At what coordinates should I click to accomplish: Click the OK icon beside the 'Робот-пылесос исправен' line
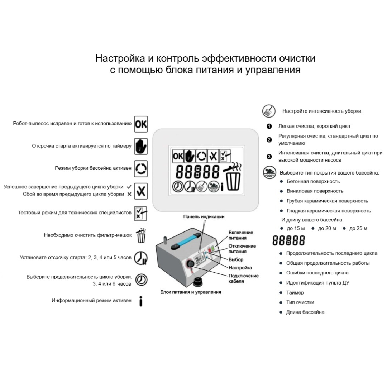tap(141, 124)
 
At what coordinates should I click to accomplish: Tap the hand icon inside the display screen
tap(190, 156)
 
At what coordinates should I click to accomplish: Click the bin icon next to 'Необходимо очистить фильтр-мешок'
tap(141, 236)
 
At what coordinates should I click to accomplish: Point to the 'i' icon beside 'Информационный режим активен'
tap(141, 301)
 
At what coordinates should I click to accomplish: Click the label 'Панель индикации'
tap(204, 217)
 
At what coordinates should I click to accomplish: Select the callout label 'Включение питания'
tap(241, 235)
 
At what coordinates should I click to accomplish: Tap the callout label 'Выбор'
tap(236, 260)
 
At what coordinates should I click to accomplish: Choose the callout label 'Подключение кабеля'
tap(243, 278)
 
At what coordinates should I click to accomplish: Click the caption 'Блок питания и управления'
tap(191, 292)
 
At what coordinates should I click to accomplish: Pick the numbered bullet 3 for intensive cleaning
tap(269, 157)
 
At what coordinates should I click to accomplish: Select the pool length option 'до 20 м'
tap(327, 228)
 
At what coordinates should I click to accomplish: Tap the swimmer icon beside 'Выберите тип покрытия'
tap(269, 172)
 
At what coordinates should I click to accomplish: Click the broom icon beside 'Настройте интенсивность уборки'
tap(269, 111)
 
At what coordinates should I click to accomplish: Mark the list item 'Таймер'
tap(295, 292)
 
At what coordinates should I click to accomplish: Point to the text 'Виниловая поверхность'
tap(315, 191)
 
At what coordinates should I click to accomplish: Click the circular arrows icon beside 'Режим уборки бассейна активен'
tap(141, 169)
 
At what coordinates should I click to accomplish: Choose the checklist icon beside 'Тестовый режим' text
tap(141, 214)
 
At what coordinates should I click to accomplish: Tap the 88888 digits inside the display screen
tap(197, 172)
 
